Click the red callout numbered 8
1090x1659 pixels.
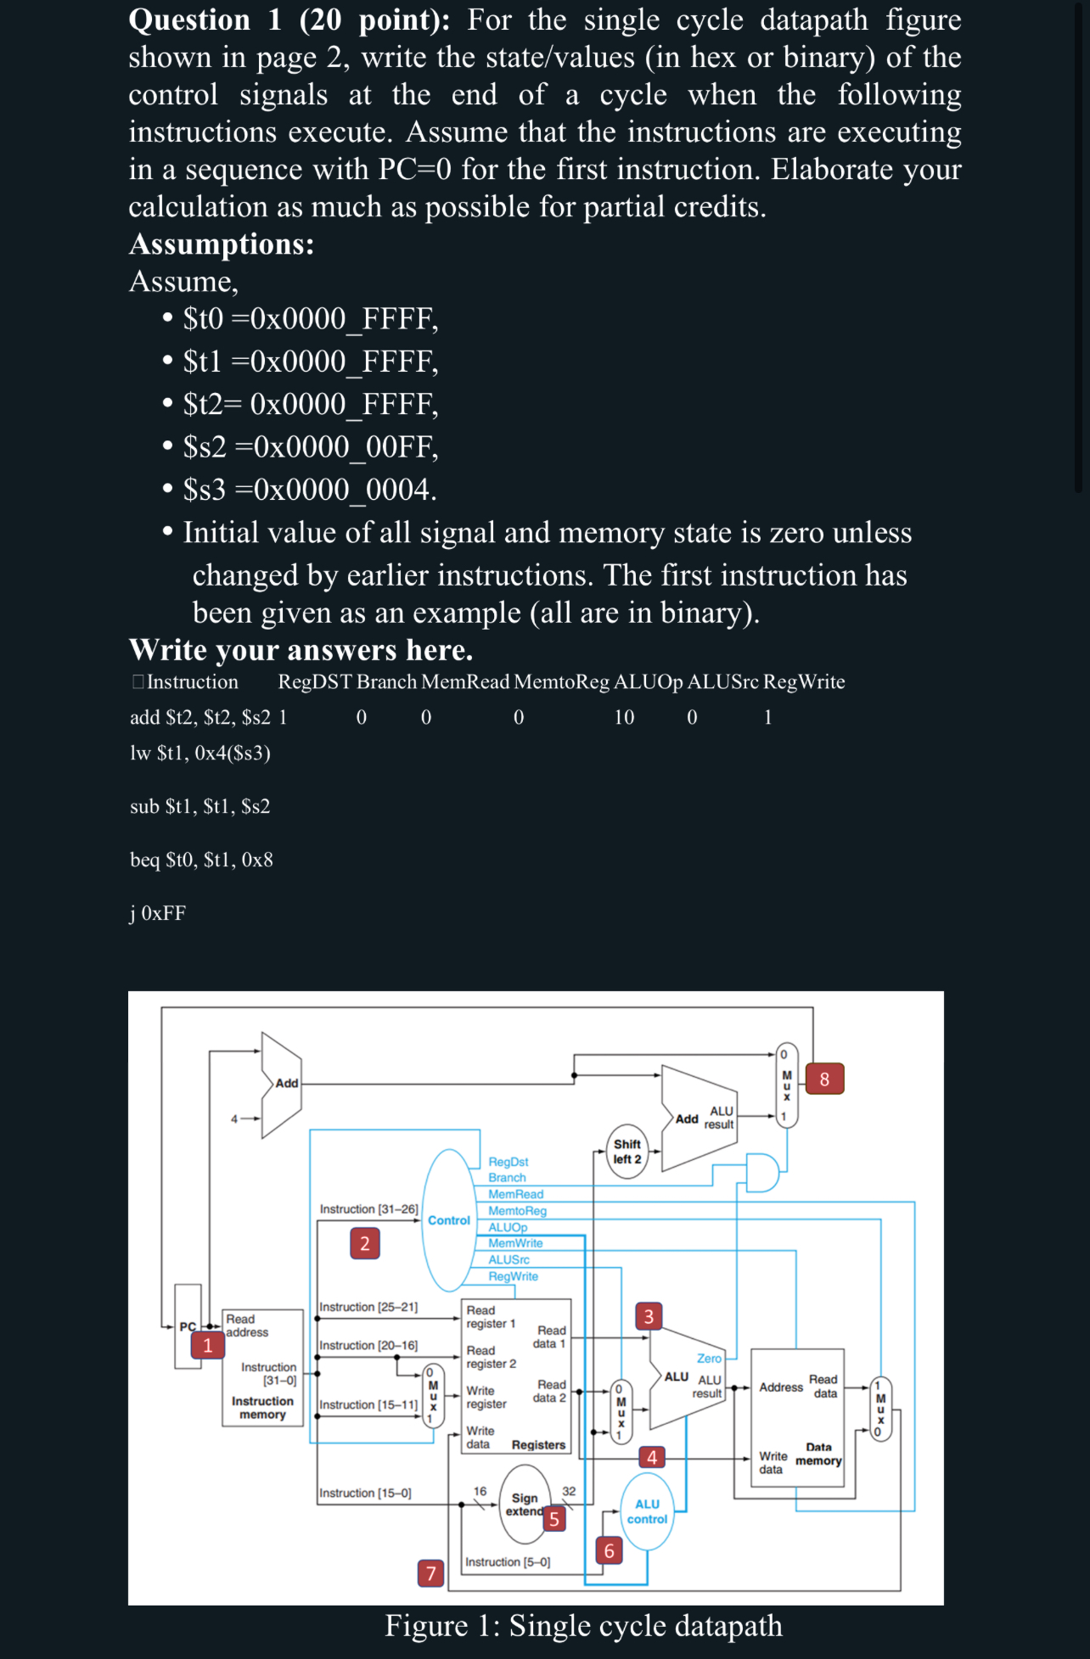click(x=824, y=1079)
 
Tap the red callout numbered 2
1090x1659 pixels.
click(x=365, y=1244)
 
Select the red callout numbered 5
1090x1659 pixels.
click(x=554, y=1518)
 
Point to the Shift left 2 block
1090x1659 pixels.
click(x=627, y=1152)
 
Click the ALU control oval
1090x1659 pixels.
click(x=647, y=1511)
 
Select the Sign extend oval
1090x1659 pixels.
click(x=524, y=1505)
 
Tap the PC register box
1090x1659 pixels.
click(x=188, y=1326)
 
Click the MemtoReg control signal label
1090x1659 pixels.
click(x=517, y=1211)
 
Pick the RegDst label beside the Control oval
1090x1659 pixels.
click(x=508, y=1162)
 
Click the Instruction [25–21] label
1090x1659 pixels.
click(x=368, y=1307)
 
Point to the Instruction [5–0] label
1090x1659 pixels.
click(x=508, y=1561)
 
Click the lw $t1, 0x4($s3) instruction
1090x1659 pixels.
click(x=200, y=754)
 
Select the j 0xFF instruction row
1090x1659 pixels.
click(x=158, y=913)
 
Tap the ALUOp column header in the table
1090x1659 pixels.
click(x=648, y=682)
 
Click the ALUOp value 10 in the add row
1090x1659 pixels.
click(x=624, y=718)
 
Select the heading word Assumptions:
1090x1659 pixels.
click(x=222, y=244)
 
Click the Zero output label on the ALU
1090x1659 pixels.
click(x=709, y=1359)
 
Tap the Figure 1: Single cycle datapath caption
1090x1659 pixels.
click(x=583, y=1626)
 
